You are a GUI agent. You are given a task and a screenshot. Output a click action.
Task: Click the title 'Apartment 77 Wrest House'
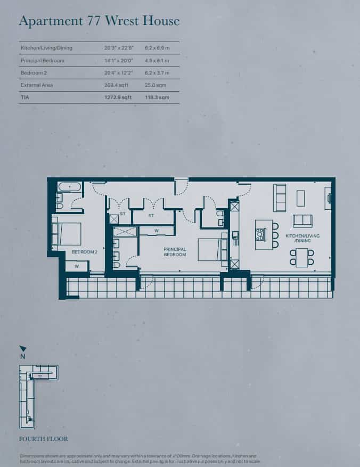[99, 21]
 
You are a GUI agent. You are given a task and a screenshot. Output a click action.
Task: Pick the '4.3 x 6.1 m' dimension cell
[157, 61]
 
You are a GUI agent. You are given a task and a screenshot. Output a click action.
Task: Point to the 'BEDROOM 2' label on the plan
[85, 251]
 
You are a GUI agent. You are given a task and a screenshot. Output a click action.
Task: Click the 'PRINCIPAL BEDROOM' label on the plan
[175, 252]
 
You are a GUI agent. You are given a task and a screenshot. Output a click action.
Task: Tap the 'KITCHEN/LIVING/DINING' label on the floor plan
[302, 238]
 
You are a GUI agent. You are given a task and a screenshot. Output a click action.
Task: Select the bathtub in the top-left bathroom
[70, 187]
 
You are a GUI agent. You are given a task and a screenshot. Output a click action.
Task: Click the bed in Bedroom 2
[67, 233]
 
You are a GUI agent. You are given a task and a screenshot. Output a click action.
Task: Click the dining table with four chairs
[302, 257]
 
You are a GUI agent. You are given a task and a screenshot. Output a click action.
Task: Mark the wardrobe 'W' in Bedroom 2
[77, 266]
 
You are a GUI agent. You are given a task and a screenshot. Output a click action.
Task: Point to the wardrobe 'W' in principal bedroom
[157, 231]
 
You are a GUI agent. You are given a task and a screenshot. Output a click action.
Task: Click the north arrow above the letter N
[22, 348]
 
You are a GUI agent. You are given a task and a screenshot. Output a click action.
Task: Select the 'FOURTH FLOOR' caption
[43, 439]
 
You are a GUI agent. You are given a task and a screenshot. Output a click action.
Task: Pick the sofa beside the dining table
[302, 220]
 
